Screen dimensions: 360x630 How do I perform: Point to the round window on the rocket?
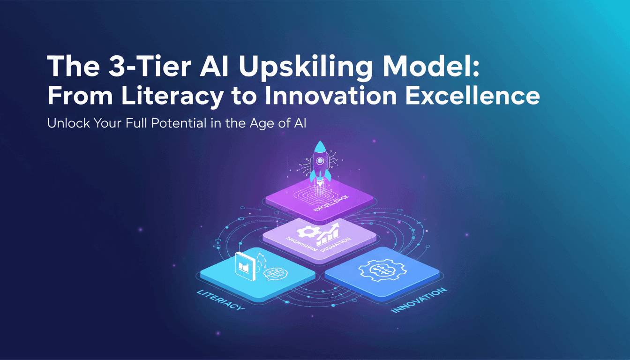320,160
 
